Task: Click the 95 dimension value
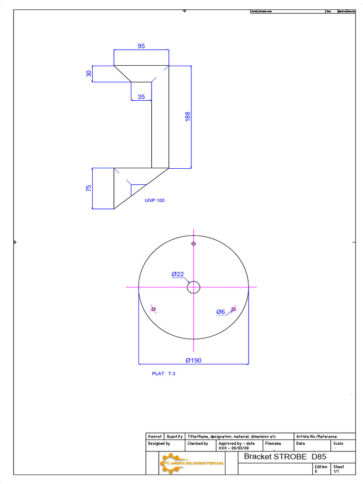141,46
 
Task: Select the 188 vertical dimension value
188,117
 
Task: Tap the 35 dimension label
141,97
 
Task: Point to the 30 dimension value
88,74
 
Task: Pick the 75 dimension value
88,188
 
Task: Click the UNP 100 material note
155,200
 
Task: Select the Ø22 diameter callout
177,274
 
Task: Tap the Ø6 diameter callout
221,312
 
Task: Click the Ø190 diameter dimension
193,360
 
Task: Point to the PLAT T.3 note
164,373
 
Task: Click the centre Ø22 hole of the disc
193,287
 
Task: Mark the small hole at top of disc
193,244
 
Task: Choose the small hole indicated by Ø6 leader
233,309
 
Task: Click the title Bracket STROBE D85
285,457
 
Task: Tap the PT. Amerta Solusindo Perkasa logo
191,463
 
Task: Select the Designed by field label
159,444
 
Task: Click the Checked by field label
198,444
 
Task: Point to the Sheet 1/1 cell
338,469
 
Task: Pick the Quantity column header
175,436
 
